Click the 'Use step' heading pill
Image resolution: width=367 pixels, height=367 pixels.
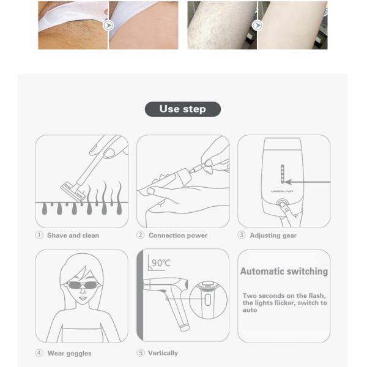(183, 109)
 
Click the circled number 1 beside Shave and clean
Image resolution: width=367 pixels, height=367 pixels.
(39, 235)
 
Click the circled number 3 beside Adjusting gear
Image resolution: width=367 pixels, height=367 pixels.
(242, 235)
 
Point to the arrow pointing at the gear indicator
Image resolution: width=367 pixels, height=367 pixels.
(308, 182)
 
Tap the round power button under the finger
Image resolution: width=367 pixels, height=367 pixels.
(282, 203)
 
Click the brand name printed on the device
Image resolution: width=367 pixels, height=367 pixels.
(282, 191)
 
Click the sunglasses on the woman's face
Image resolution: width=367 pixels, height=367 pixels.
(83, 285)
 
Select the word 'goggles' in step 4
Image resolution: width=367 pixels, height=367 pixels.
(79, 354)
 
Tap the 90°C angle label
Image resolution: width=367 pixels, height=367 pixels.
(161, 263)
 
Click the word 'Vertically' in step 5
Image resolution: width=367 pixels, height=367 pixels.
(163, 353)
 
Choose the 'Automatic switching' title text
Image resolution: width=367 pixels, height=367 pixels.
(284, 271)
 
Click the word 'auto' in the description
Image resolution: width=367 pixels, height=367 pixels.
(250, 310)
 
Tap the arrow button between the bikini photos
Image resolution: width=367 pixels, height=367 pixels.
(108, 25)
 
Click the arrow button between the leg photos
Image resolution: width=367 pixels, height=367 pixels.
(258, 25)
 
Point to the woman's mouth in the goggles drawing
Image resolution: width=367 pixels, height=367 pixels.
(83, 298)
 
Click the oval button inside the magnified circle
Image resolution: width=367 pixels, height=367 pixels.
(208, 300)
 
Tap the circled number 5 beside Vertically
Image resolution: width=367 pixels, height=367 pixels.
(141, 353)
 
